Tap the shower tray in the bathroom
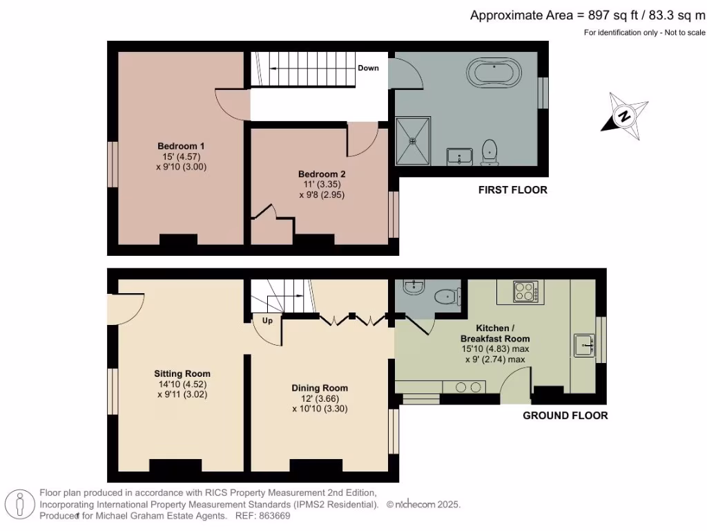[x=413, y=141]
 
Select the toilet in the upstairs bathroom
[x=490, y=153]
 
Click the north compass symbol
[x=624, y=115]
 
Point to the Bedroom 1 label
[x=181, y=146]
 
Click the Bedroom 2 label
[x=322, y=174]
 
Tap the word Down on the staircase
[x=368, y=68]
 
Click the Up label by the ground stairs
[x=267, y=321]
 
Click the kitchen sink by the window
[x=584, y=344]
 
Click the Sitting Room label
[x=182, y=373]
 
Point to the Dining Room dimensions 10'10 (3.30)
[x=320, y=409]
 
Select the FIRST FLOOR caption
[x=512, y=189]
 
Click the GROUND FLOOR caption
[x=565, y=416]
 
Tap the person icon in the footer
[x=21, y=504]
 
